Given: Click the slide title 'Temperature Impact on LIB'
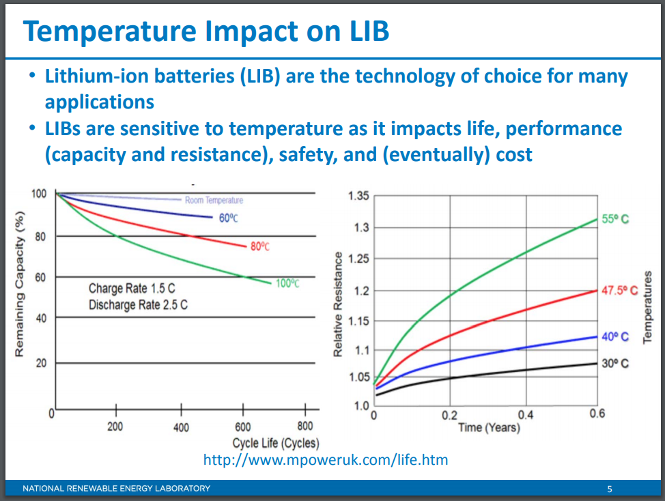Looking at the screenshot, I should [x=206, y=32].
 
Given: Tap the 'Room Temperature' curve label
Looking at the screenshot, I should [x=214, y=200].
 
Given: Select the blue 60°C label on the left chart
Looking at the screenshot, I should [x=228, y=218].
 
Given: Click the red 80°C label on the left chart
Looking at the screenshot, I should [x=259, y=246].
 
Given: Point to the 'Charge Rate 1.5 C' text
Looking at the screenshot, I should [x=132, y=289].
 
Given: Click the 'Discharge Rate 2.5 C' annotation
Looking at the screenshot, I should [x=138, y=304].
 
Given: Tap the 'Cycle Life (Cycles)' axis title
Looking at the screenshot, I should [x=275, y=442].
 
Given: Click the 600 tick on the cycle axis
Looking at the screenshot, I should [x=242, y=426].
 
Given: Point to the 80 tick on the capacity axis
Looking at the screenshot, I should [x=40, y=237].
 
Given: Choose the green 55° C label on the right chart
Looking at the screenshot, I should [x=615, y=220].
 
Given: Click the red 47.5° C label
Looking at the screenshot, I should [x=619, y=290].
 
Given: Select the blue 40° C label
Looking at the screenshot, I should [x=615, y=337].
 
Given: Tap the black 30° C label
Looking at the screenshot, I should [x=615, y=364].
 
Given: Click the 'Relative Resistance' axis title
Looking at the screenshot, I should [x=337, y=304].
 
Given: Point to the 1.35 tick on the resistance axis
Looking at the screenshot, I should [x=358, y=197].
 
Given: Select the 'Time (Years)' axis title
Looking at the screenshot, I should [x=488, y=427].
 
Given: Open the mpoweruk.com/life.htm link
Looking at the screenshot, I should [x=326, y=459].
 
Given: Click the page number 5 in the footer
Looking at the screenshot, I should [x=610, y=489].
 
